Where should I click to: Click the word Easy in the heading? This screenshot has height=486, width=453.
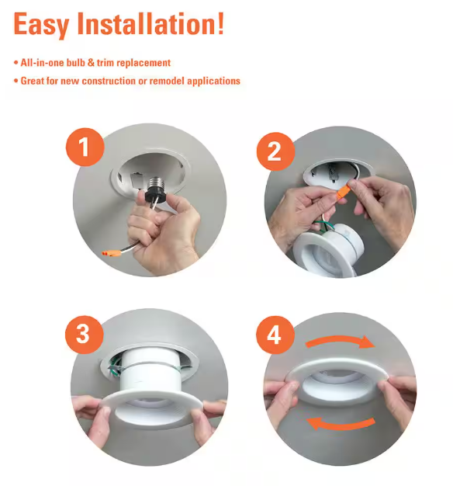pyautogui.click(x=41, y=25)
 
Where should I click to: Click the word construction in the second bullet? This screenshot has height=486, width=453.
pyautogui.click(x=109, y=81)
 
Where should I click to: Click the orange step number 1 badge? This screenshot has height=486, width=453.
pyautogui.click(x=85, y=147)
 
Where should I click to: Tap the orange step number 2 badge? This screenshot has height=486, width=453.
pyautogui.click(x=275, y=151)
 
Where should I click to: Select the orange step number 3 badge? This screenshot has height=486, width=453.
pyautogui.click(x=84, y=335)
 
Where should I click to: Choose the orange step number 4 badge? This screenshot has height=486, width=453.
pyautogui.click(x=275, y=335)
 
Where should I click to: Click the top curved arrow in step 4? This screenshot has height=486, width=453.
pyautogui.click(x=340, y=341)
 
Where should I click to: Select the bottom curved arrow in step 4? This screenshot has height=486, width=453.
pyautogui.click(x=340, y=424)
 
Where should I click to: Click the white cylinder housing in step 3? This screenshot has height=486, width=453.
pyautogui.click(x=149, y=374)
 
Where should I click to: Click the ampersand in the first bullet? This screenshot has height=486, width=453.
pyautogui.click(x=91, y=63)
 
